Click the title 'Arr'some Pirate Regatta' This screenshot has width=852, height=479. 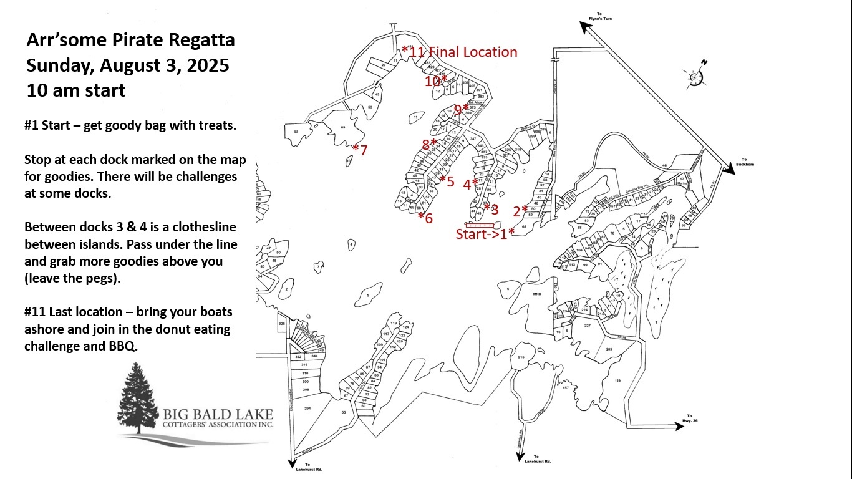click(x=130, y=41)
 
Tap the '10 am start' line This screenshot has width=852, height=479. click(x=76, y=90)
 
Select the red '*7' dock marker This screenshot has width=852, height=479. click(x=360, y=150)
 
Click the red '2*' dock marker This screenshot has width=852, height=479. click(x=520, y=211)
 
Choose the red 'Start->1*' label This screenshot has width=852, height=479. click(x=485, y=233)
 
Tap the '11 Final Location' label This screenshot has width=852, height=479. click(x=463, y=52)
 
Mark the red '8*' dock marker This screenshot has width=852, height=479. click(x=429, y=144)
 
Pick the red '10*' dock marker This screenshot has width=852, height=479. click(x=436, y=81)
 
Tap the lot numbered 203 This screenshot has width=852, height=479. click(x=608, y=349)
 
